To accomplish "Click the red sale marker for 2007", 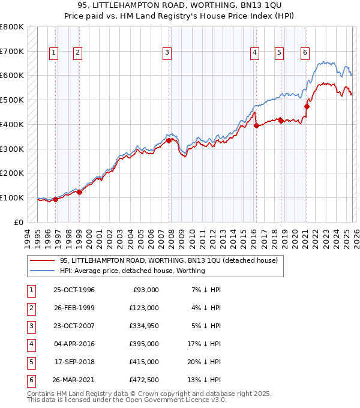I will point(169,140).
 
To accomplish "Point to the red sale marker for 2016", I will point(256,125).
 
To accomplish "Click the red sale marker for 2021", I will point(307,107).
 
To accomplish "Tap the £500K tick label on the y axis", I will point(12,100).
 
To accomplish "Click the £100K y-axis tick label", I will point(12,197).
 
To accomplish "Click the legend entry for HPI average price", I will point(132,271).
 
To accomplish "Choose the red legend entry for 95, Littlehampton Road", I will point(168,261).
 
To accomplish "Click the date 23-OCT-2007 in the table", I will point(74,326).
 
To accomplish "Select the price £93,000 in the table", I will point(145,290).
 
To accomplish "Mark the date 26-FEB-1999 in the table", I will point(74,308).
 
